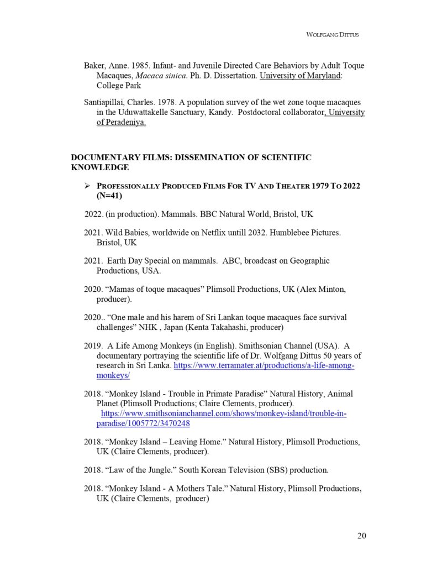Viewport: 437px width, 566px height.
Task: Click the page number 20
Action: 361,535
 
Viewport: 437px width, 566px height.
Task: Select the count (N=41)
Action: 109,196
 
